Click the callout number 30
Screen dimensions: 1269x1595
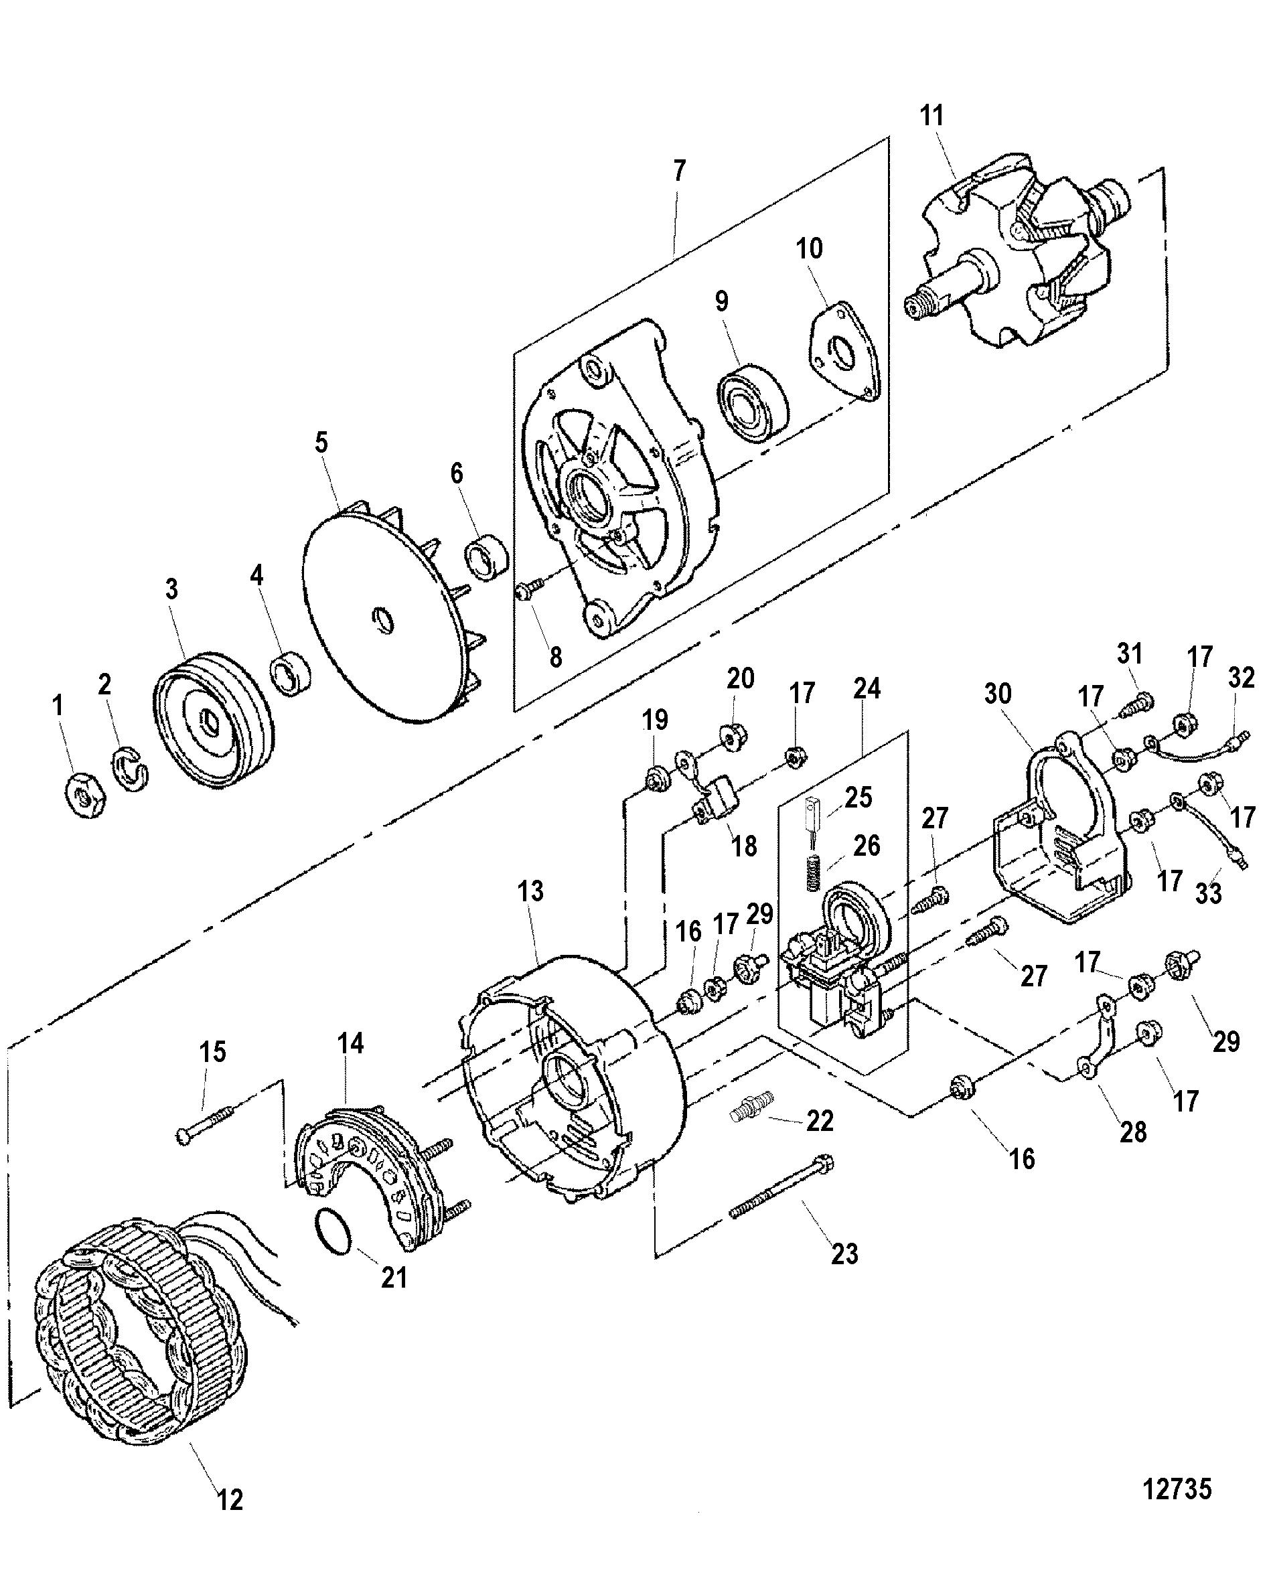click(997, 694)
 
